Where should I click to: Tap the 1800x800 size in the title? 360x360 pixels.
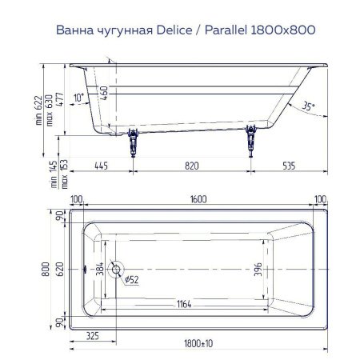(x=282, y=30)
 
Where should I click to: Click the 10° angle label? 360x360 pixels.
(x=78, y=98)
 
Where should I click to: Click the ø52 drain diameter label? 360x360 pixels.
(x=130, y=280)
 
